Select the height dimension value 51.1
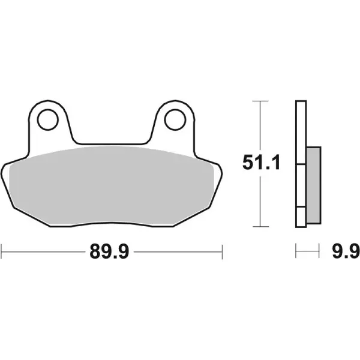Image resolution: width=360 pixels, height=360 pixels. [x=259, y=163]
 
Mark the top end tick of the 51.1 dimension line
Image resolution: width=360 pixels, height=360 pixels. [x=259, y=101]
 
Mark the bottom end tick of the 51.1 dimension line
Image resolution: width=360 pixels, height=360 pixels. [x=259, y=227]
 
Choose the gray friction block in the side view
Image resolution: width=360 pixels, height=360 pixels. [x=313, y=183]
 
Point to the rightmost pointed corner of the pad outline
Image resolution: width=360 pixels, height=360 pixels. [x=223, y=174]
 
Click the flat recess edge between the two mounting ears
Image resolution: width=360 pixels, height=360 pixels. [x=111, y=143]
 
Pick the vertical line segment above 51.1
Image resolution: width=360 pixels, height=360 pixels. [x=259, y=126]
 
